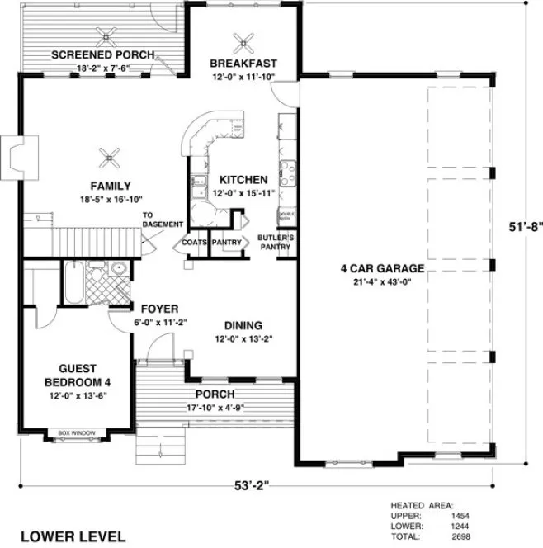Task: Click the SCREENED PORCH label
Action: click(103, 55)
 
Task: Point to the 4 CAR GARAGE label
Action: click(382, 268)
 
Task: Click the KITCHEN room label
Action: click(243, 179)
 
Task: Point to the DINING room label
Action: click(243, 324)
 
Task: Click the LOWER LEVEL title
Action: click(73, 536)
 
